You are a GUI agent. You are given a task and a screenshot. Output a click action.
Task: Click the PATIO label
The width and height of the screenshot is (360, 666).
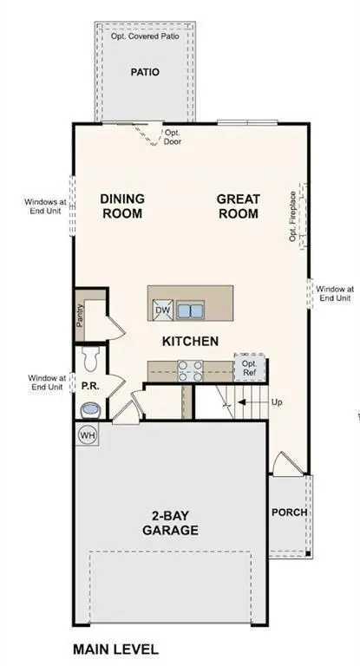point(145,73)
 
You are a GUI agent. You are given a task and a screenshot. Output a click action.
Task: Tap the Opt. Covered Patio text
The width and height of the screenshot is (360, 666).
point(145,36)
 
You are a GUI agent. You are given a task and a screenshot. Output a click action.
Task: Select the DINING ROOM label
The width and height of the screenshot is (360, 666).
point(122,206)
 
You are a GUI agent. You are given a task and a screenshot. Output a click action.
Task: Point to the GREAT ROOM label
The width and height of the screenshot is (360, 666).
point(238,206)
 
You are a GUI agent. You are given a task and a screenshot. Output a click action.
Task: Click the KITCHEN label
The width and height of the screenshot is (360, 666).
point(190,342)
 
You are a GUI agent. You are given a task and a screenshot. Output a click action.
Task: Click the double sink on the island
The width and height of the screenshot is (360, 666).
point(191,310)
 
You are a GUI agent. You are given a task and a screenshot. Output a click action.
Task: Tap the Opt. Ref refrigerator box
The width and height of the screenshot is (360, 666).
point(249,368)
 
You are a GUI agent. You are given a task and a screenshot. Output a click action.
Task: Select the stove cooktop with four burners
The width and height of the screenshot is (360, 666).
point(191,370)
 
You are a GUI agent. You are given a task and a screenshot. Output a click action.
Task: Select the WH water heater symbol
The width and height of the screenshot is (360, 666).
point(88,434)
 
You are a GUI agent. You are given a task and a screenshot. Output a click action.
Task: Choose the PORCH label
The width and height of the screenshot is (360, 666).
point(289,513)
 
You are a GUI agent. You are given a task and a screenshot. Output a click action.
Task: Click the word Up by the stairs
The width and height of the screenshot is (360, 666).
point(277,403)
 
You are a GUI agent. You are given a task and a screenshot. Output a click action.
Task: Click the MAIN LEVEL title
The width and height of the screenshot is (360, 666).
point(115,649)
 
